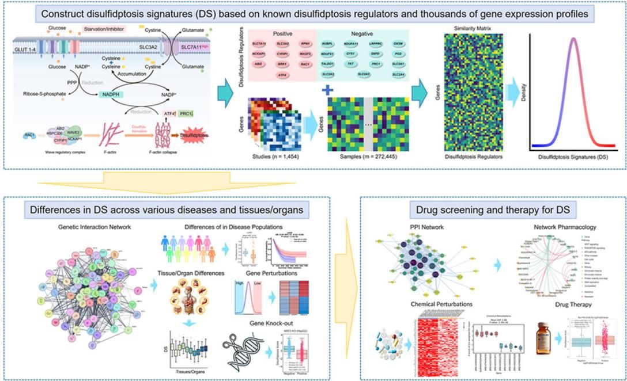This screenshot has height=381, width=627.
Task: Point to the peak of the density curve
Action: (x=573, y=39)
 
